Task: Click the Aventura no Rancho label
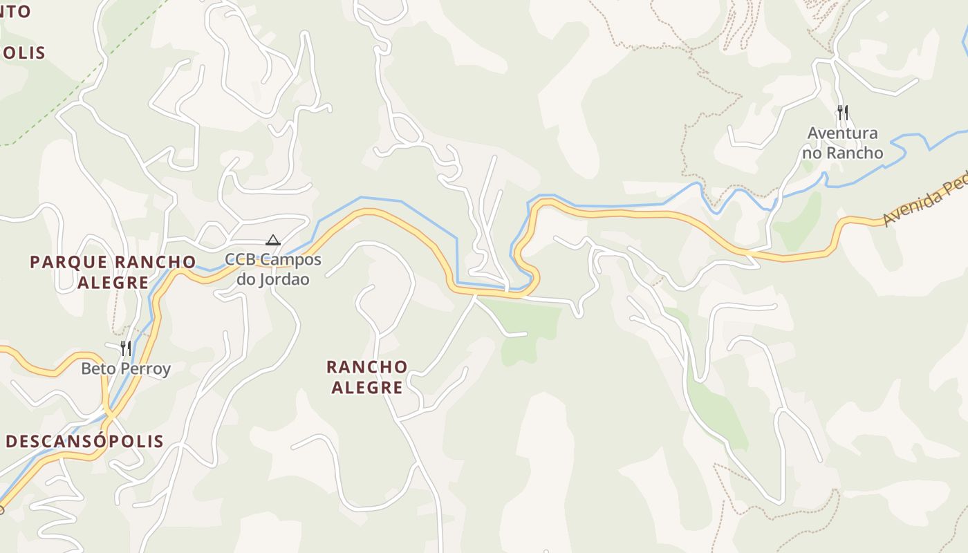coord(842,143)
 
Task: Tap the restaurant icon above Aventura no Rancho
coord(842,112)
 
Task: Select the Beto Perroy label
coord(126,368)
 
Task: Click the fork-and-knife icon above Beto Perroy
coord(126,347)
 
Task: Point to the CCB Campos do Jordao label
coord(273,270)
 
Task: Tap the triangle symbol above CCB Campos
coord(273,241)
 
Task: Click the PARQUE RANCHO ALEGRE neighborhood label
coord(113,272)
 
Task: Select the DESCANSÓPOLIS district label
coord(84,441)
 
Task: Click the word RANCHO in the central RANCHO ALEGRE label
coord(366,366)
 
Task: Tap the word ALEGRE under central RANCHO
coord(366,388)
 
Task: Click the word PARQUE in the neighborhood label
coord(68,262)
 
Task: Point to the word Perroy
coord(145,368)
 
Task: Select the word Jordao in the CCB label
coord(283,279)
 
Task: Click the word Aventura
coord(842,133)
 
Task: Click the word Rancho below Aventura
coord(858,153)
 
